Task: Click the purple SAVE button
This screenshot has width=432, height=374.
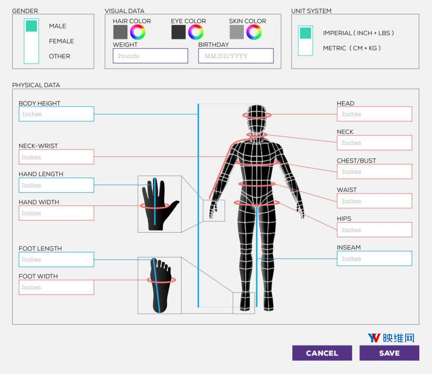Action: [x=389, y=353]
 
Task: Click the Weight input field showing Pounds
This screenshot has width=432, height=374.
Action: [x=151, y=56]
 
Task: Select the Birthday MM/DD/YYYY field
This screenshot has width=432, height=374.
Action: [x=236, y=56]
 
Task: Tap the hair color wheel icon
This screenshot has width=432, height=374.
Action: [x=138, y=32]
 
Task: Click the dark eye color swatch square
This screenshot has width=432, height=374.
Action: [x=178, y=32]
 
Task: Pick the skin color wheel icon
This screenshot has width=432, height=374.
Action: [x=254, y=32]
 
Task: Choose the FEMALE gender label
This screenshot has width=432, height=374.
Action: [x=62, y=41]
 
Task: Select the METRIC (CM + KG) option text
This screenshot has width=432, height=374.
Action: [x=352, y=48]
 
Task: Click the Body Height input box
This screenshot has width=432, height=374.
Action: [x=57, y=114]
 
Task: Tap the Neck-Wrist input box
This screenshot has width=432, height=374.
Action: [x=57, y=157]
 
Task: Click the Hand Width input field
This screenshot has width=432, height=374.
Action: [x=57, y=213]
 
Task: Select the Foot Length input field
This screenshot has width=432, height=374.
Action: [x=57, y=259]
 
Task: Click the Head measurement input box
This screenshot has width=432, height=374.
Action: [x=375, y=114]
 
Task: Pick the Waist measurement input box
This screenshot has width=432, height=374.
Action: [x=375, y=201]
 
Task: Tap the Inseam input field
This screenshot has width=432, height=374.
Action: [x=375, y=258]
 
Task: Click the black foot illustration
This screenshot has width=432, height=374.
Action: [x=161, y=285]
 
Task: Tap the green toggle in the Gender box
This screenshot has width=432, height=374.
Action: [x=31, y=26]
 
